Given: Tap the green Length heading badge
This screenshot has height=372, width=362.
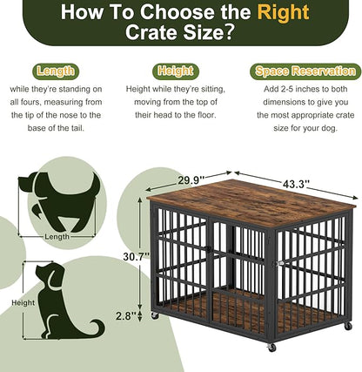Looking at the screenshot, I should (x=56, y=71).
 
